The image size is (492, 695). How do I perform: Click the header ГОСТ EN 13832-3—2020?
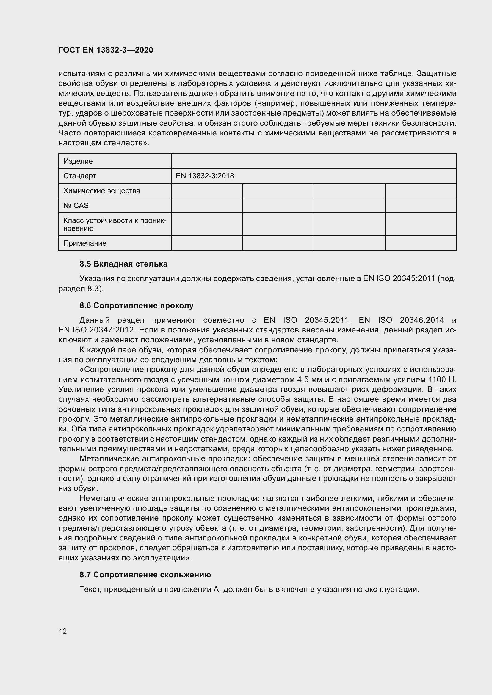tap(106, 50)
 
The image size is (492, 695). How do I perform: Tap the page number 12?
tap(63, 631)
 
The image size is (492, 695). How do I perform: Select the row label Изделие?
tap(78, 161)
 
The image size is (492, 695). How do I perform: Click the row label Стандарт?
tap(80, 176)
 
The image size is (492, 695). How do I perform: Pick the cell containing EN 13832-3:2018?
tap(205, 176)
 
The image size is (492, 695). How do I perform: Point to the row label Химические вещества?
tap(102, 191)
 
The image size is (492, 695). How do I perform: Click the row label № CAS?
tap(76, 206)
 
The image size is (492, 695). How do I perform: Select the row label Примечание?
tap(85, 243)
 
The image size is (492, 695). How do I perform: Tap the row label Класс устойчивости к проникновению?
tap(115, 224)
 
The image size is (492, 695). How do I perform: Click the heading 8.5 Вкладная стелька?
tap(123, 264)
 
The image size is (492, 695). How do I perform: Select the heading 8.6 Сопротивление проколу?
tap(136, 305)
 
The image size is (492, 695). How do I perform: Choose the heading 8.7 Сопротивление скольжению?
tap(145, 575)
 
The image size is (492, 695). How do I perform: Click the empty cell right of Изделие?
tap(314, 161)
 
